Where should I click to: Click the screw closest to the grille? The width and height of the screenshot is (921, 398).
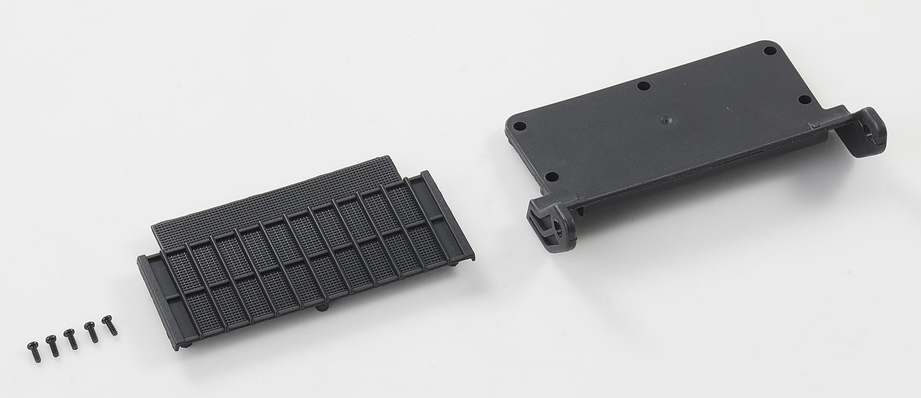110,323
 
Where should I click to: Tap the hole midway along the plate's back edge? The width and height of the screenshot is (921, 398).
644,85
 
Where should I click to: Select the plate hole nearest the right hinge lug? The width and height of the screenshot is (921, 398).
804,99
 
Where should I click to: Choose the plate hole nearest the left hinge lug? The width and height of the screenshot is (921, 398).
552,176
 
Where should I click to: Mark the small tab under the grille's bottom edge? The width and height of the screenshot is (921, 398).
323,307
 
